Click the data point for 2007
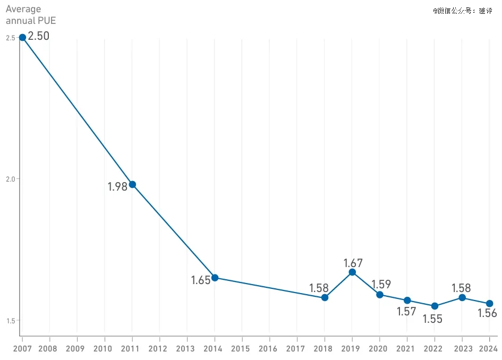pos(22,37)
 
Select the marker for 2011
pos(132,184)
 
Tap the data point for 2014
pos(215,277)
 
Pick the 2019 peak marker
pos(352,272)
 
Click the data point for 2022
pos(435,306)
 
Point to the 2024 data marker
pos(489,303)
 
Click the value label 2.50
pos(38,37)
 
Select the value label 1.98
pos(117,187)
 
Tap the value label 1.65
pos(201,280)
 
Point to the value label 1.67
pos(353,263)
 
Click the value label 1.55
pos(432,319)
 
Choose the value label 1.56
pos(487,313)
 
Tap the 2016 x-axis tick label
pos(268,349)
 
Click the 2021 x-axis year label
pos(405,349)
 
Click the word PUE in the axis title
pos(46,21)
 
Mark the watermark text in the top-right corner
pos(462,11)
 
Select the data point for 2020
pos(380,295)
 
